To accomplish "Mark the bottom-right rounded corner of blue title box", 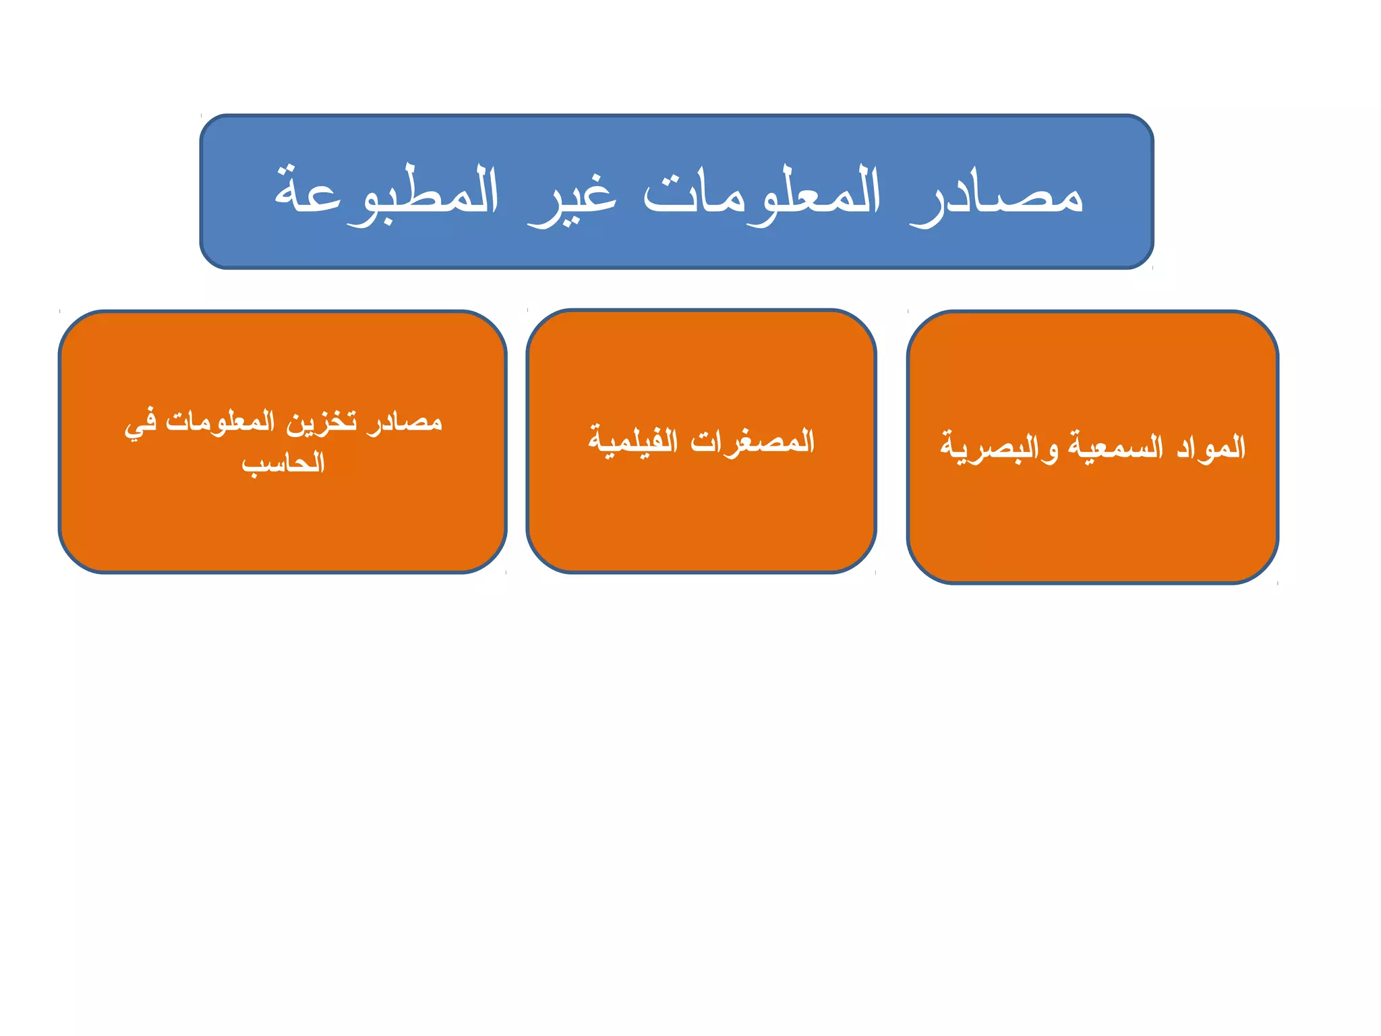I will point(1144,259).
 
